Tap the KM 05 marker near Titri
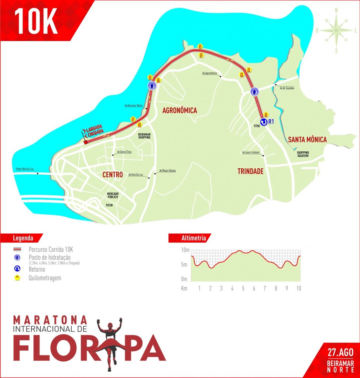[x=266, y=114]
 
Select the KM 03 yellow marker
[x=200, y=47]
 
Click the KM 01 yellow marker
[x=133, y=119]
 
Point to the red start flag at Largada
[x=85, y=142]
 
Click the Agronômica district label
[x=179, y=110]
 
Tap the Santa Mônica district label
[x=307, y=140]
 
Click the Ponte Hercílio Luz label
[x=25, y=169]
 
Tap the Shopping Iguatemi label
[x=303, y=154]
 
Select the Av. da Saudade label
[x=287, y=88]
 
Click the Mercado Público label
[x=112, y=196]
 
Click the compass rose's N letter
[x=336, y=11]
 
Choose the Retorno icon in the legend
[x=17, y=269]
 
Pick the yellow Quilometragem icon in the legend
[x=17, y=278]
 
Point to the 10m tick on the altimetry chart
[x=185, y=250]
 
